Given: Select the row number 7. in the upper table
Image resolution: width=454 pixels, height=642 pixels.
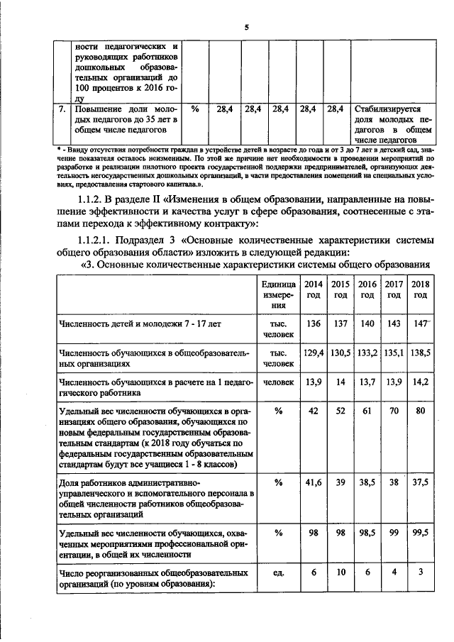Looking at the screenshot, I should [62, 110].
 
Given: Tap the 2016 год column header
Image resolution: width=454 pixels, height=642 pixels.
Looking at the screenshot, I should [366, 289].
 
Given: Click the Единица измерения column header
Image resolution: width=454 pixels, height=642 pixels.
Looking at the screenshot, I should [272, 294].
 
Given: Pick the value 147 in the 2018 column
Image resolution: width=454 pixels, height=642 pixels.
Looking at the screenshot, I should [421, 323].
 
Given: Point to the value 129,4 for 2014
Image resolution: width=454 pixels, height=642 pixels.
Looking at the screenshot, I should [314, 352].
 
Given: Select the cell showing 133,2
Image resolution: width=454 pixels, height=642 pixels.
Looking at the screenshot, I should [366, 352].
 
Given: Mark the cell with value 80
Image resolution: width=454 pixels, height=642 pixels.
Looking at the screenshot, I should [421, 410].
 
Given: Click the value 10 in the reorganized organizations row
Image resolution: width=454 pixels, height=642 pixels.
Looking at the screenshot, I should [340, 572].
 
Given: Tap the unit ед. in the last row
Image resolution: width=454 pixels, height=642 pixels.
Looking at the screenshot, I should [272, 572].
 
